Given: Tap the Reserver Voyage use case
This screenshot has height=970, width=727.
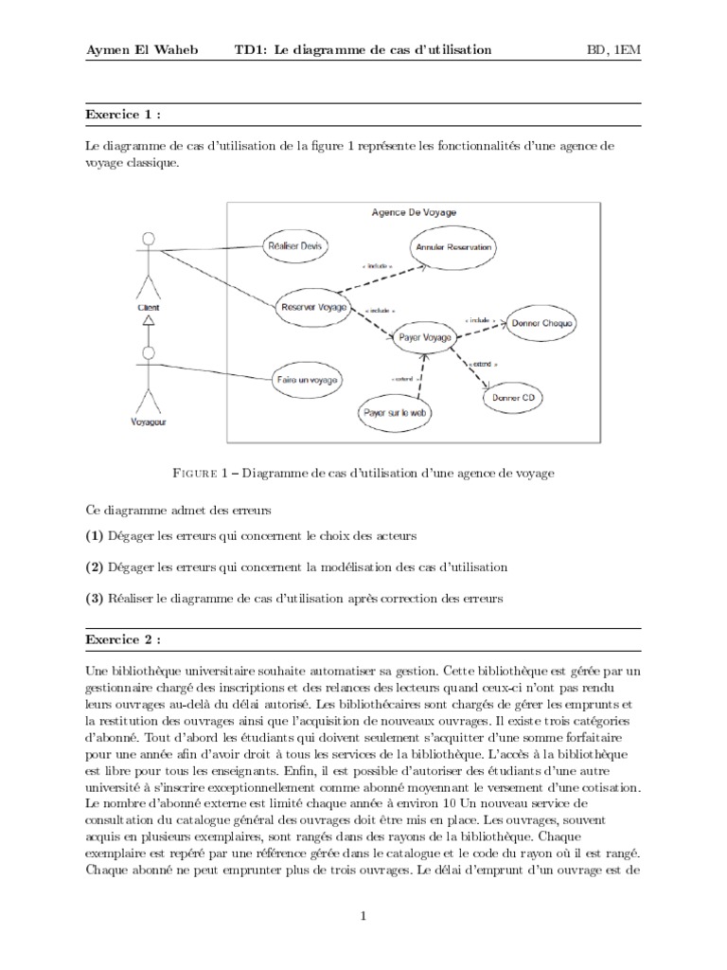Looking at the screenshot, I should pos(311,306).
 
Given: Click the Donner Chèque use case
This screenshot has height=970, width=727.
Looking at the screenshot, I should pos(541,323).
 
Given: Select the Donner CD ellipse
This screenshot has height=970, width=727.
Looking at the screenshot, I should pos(513,399).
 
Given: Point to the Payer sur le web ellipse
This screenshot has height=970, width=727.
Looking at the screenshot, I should pos(392,413).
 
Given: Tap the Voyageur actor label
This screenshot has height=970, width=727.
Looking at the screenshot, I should pos(147,423).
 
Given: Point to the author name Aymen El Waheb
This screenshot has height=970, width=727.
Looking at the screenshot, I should pos(143,49).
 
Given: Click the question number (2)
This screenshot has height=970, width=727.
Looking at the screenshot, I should pos(94,566).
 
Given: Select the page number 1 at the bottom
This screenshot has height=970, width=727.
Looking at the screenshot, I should pos(363,915).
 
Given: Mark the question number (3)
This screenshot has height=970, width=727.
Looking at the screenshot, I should pos(94,598).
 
